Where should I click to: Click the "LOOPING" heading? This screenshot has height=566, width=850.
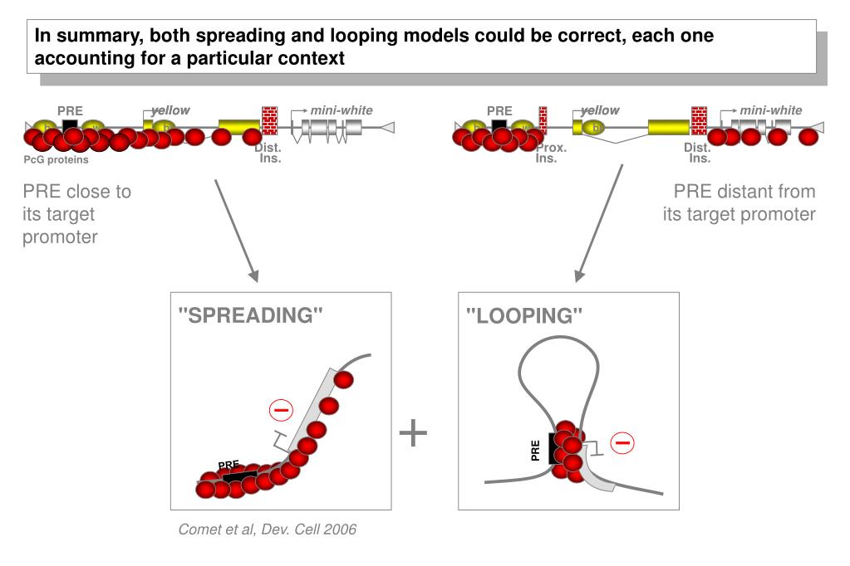point(524,315)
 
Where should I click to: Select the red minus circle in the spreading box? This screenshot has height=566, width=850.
point(282,410)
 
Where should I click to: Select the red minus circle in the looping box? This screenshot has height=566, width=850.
point(622,443)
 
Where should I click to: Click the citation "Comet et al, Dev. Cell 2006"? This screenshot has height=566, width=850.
point(268,529)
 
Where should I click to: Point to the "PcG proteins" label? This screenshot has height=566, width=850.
point(57,160)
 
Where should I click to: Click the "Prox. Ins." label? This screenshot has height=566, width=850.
point(551,154)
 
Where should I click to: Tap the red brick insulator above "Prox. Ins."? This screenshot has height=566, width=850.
point(543,120)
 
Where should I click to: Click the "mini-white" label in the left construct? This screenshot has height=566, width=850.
point(341,110)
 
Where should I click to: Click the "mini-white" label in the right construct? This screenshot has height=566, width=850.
point(771,110)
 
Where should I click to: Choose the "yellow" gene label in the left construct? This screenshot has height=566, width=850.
point(170,110)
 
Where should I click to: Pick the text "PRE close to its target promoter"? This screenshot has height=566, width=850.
point(76,214)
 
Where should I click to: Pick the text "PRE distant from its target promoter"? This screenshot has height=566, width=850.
point(739,203)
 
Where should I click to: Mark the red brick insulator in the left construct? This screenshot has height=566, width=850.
point(269,120)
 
